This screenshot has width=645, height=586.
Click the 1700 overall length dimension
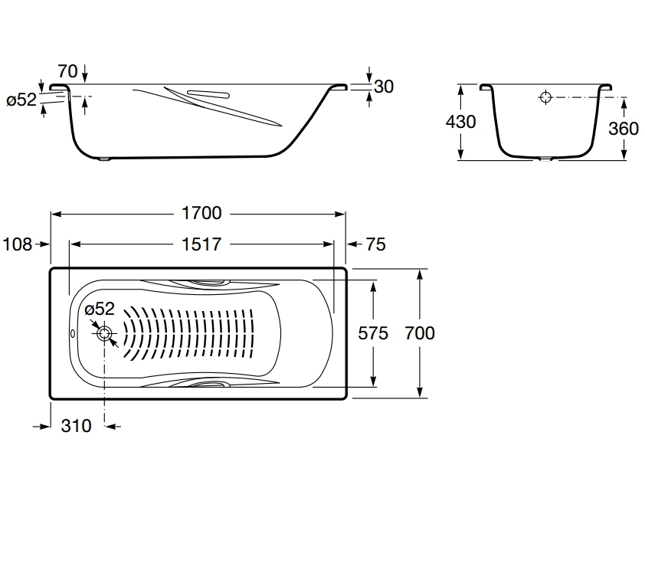pyautogui.click(x=201, y=213)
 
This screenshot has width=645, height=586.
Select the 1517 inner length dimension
pyautogui.click(x=201, y=244)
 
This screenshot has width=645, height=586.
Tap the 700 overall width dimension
pyautogui.click(x=420, y=333)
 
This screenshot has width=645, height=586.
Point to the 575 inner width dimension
pyautogui.click(x=373, y=333)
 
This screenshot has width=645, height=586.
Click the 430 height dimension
pyautogui.click(x=460, y=122)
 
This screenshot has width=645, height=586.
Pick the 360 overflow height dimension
pyautogui.click(x=624, y=129)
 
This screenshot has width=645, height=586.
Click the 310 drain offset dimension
pyautogui.click(x=76, y=426)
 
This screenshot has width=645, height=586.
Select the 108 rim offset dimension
pyautogui.click(x=18, y=244)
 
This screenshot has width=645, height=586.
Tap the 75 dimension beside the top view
pyautogui.click(x=375, y=244)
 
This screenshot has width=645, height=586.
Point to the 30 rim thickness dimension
pyautogui.click(x=384, y=87)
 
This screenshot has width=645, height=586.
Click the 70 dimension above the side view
pyautogui.click(x=67, y=71)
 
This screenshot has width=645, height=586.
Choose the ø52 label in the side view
pyautogui.click(x=21, y=100)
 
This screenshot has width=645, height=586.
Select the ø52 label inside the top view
pyautogui.click(x=100, y=309)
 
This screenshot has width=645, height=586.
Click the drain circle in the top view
pyautogui.click(x=104, y=333)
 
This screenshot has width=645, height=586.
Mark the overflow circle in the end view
pyautogui.click(x=545, y=97)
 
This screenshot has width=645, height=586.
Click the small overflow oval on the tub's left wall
pyautogui.click(x=73, y=333)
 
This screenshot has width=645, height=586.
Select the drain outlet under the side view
pyautogui.click(x=105, y=159)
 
